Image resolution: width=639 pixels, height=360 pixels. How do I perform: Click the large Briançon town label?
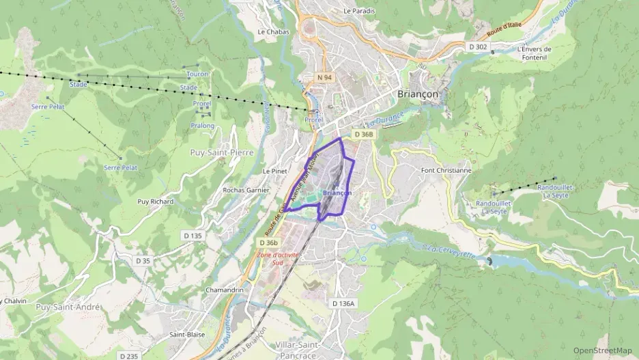click(x=418, y=94)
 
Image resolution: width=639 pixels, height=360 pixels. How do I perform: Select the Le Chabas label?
click(x=273, y=31)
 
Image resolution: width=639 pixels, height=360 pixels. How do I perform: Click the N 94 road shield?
click(x=324, y=78)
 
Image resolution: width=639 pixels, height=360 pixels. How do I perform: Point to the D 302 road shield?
click(x=479, y=47)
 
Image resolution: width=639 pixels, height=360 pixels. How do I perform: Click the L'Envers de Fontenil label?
click(x=534, y=53)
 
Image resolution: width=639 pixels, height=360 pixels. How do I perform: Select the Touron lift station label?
click(x=197, y=74)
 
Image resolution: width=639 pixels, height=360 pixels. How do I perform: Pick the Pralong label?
click(x=202, y=126)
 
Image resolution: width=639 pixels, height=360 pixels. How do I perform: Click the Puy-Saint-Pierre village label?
click(x=222, y=152)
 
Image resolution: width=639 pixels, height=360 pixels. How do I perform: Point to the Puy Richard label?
click(x=156, y=202)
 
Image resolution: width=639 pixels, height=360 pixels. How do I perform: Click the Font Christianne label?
click(x=446, y=170)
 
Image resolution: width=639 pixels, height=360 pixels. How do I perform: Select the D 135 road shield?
click(x=193, y=236)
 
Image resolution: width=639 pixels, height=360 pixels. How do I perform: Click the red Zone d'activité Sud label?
click(x=278, y=258)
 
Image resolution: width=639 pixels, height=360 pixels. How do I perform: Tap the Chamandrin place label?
click(x=225, y=290)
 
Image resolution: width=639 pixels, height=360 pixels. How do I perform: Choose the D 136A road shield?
click(x=343, y=303)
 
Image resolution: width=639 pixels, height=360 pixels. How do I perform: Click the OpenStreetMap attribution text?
click(x=603, y=350)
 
